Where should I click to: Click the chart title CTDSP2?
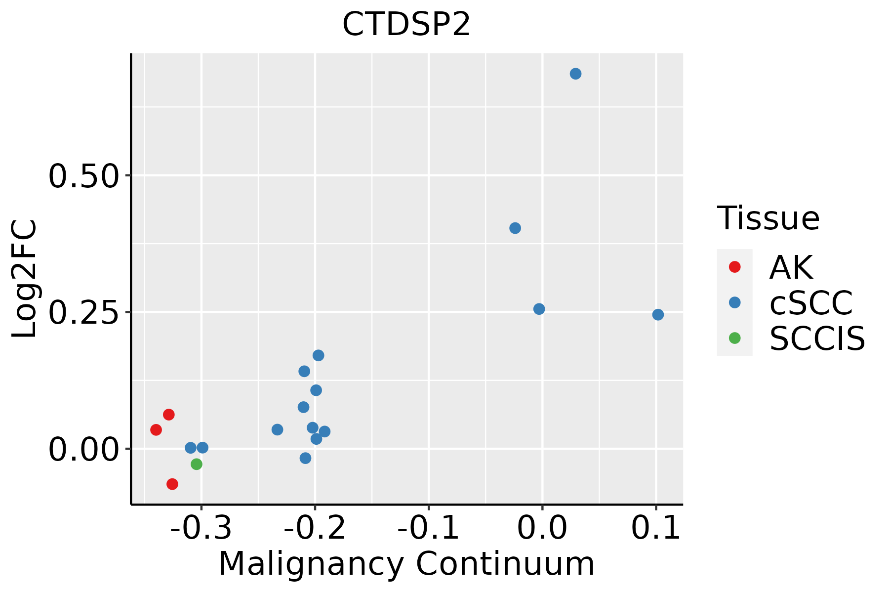[x=406, y=24]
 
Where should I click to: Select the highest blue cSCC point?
[x=575, y=74]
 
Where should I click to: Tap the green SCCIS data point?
[x=197, y=464]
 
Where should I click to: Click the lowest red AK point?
[x=172, y=484]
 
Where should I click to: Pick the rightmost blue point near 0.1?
[x=658, y=315]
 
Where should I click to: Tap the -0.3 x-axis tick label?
[x=201, y=528]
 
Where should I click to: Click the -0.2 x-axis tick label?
[x=315, y=528]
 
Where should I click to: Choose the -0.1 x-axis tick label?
[x=428, y=528]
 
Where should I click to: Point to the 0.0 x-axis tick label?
[x=542, y=528]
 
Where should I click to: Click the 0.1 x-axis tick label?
[x=656, y=528]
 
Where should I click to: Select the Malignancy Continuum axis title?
[x=406, y=564]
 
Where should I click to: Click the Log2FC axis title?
[x=25, y=279]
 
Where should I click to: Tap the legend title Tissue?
[x=768, y=218]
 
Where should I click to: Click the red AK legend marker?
[x=734, y=267]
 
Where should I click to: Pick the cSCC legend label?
[x=811, y=302]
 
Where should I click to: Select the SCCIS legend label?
[x=817, y=339]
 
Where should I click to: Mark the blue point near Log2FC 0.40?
[x=515, y=228]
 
